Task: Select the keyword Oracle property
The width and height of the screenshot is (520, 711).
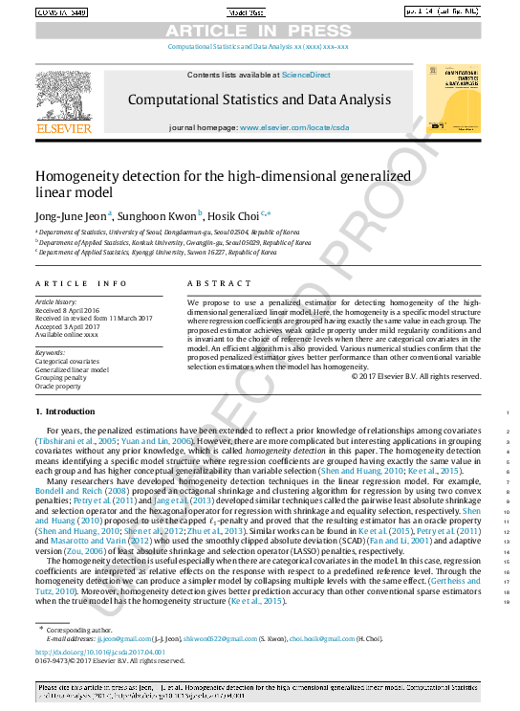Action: coord(60,386)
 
